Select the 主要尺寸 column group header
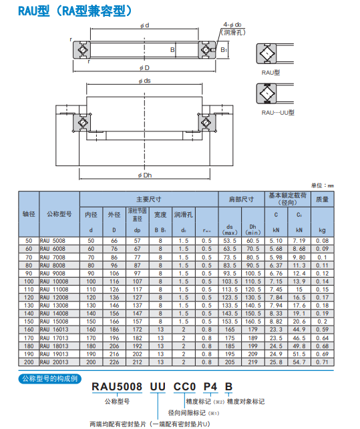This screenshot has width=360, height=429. (x=149, y=198)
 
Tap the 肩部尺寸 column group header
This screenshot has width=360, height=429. (x=241, y=198)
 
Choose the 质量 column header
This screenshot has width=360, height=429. (x=323, y=198)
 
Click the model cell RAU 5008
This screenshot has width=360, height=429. (x=53, y=240)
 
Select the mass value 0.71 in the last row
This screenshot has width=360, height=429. (x=323, y=361)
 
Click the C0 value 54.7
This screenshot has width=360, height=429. (x=299, y=361)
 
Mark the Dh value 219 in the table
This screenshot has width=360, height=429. (x=252, y=361)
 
